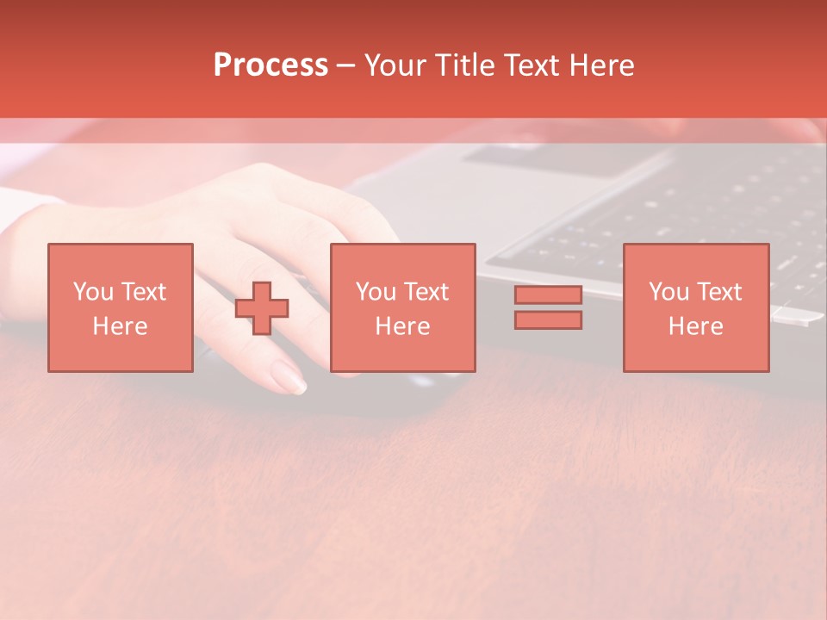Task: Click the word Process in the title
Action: point(270,65)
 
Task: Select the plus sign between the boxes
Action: point(262,308)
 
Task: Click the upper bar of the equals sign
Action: point(548,295)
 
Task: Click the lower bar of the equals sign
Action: point(548,319)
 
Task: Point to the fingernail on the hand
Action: point(289,376)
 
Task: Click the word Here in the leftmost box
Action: point(120,326)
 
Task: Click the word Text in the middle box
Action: point(425,292)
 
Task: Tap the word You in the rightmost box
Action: point(668,292)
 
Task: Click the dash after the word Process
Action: point(346,65)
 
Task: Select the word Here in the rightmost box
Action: point(695,326)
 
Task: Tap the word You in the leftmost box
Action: point(93,292)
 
